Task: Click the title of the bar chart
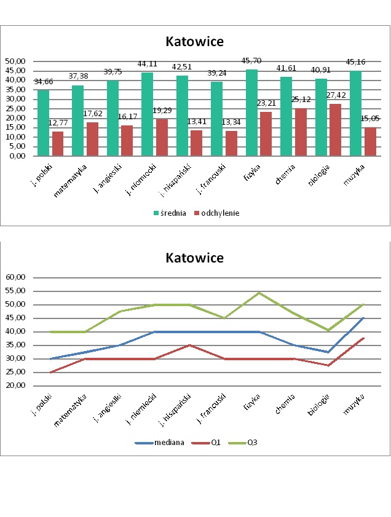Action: pos(194,42)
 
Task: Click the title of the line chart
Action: pos(194,258)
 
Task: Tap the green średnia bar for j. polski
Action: pos(43,123)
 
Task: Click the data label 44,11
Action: pos(147,65)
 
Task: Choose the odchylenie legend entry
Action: pos(216,213)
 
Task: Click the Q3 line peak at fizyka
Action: pos(259,293)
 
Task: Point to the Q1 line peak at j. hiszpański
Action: pos(190,345)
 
